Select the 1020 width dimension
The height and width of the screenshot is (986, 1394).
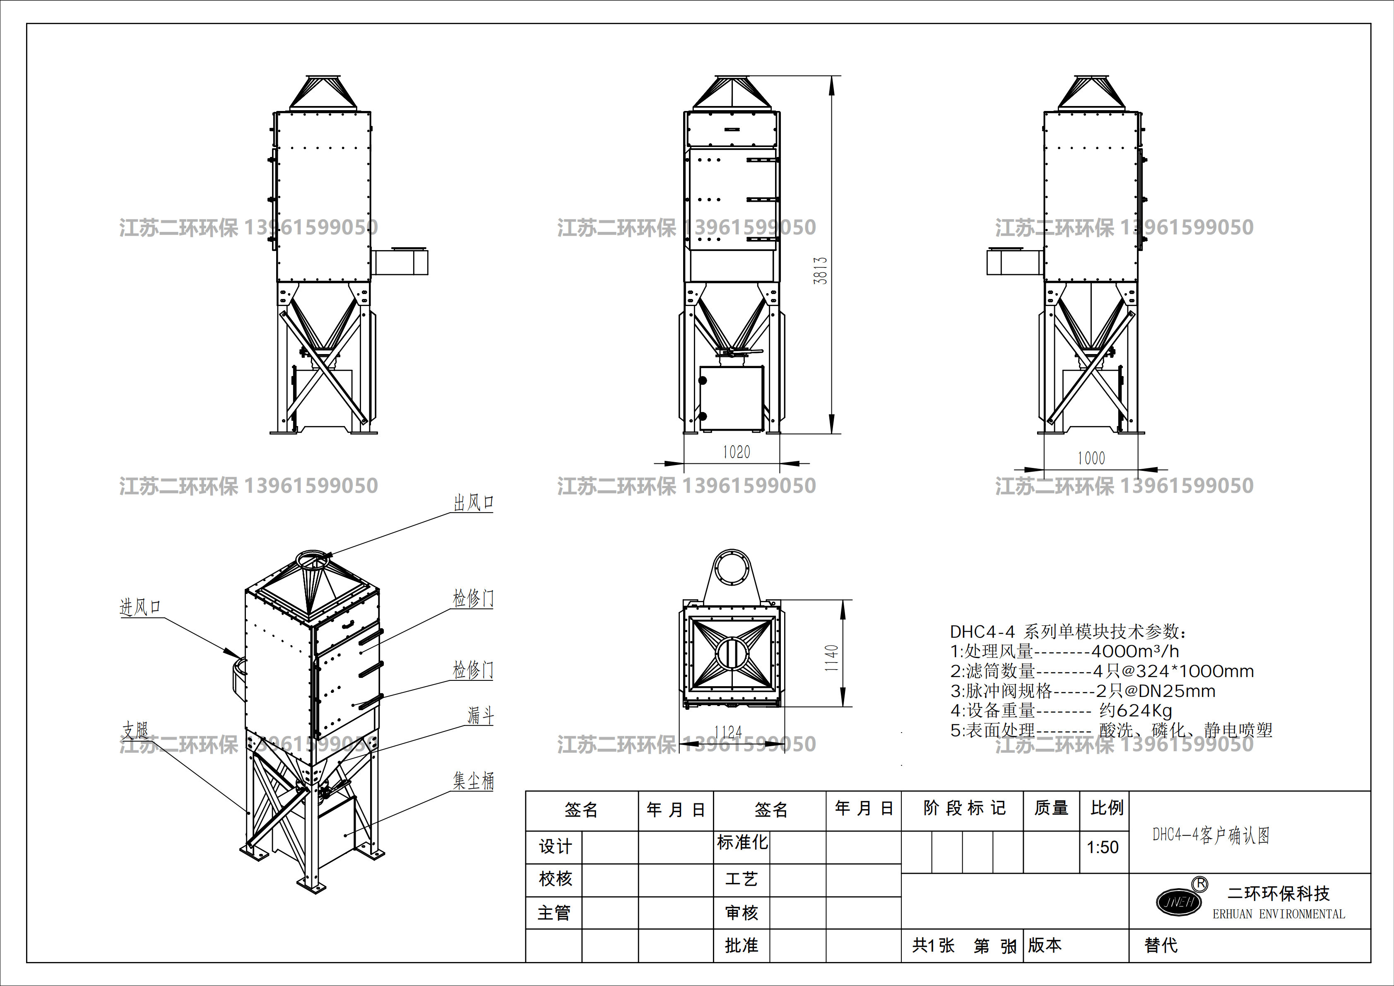[736, 452]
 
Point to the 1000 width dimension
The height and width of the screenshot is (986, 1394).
[1091, 458]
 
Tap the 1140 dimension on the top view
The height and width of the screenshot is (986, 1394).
[831, 658]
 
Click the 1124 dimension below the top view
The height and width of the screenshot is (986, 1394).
[728, 732]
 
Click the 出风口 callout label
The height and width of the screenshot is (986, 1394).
[474, 503]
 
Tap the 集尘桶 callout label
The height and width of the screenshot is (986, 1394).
[474, 781]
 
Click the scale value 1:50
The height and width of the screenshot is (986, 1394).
[1103, 847]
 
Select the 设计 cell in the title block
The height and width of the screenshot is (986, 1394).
[555, 847]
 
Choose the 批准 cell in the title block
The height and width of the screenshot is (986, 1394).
[742, 945]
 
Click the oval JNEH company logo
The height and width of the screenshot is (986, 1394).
[1178, 902]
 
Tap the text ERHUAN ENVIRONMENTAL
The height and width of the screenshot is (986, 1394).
[1278, 914]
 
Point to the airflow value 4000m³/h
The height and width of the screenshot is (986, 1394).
[1135, 651]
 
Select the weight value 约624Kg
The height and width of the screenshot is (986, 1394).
[1135, 710]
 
